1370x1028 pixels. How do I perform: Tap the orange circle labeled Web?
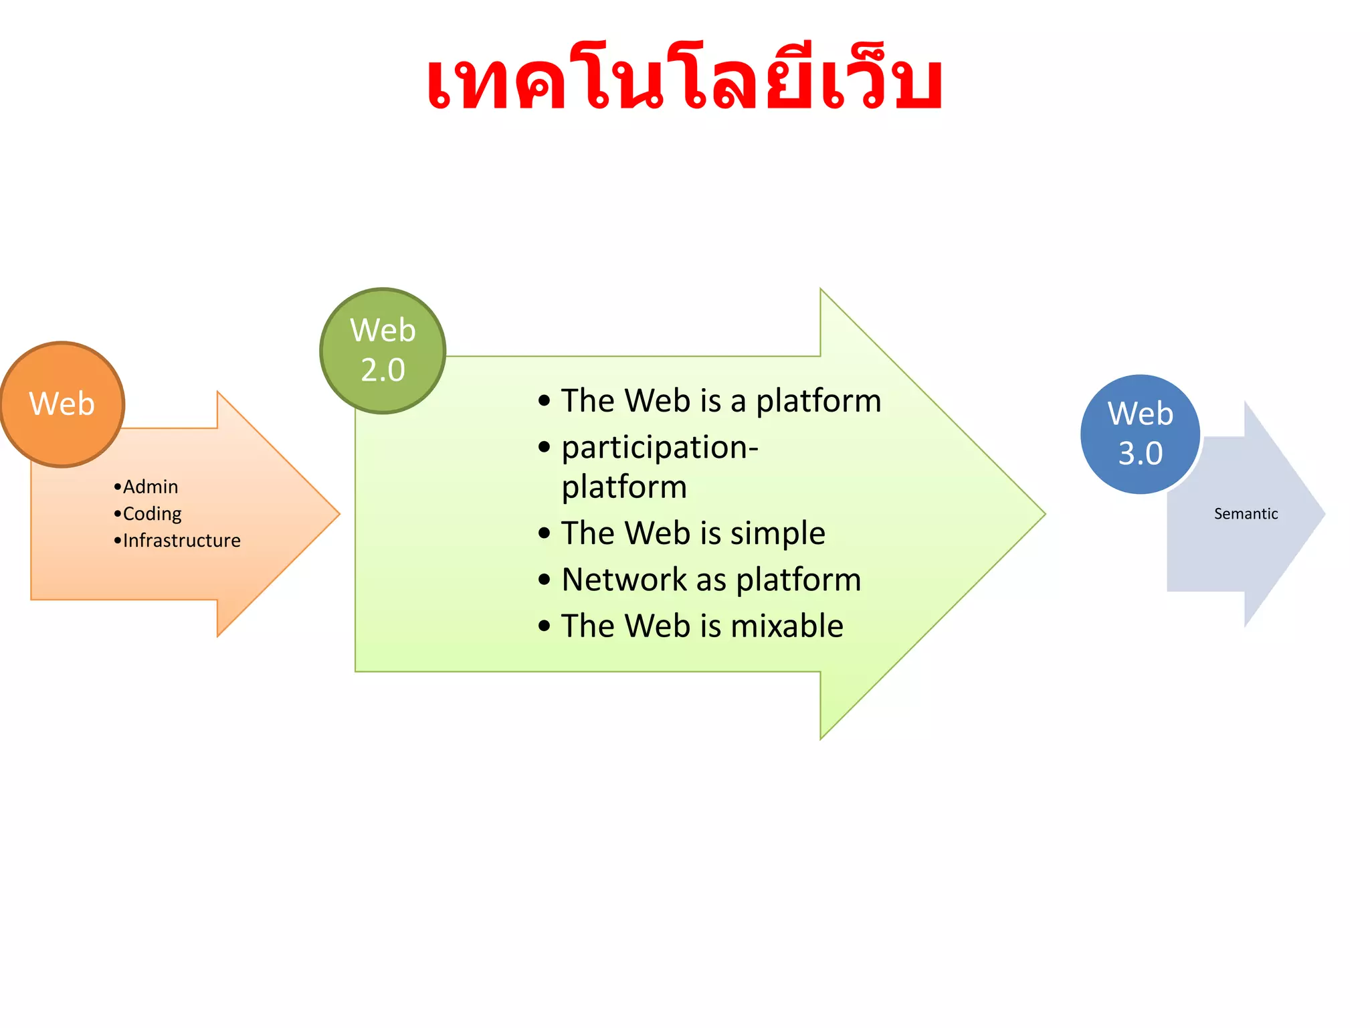[62, 404]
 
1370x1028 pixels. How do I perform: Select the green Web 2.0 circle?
[383, 351]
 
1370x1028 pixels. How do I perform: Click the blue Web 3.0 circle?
[1140, 434]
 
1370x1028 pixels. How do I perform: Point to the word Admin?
[151, 487]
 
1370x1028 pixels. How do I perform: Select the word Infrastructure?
[181, 540]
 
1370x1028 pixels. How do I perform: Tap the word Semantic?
[1246, 513]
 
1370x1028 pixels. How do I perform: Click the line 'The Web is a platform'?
[720, 401]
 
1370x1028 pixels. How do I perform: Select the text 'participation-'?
[660, 447]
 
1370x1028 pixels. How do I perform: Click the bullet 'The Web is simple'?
[693, 533]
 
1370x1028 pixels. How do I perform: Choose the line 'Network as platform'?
[711, 580]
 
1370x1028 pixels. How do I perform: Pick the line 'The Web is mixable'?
[702, 626]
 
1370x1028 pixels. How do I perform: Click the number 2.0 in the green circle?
[383, 370]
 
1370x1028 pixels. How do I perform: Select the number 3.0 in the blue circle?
[1140, 454]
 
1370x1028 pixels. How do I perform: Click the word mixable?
[787, 626]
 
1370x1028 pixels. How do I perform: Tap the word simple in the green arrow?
[777, 533]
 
